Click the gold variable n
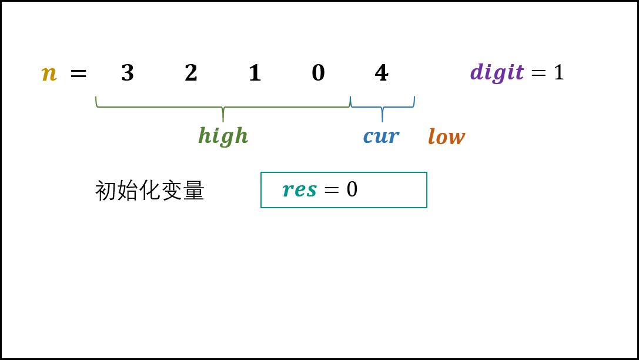(x=49, y=74)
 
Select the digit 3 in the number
(x=128, y=73)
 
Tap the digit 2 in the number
(x=191, y=72)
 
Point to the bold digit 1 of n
(x=255, y=72)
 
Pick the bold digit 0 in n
(x=318, y=73)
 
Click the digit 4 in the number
(x=382, y=72)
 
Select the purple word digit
(x=497, y=72)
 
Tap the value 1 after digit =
(x=559, y=72)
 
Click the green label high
(x=223, y=136)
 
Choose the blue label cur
(x=382, y=136)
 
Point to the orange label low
(x=446, y=136)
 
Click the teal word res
(x=300, y=189)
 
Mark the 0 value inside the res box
(x=352, y=189)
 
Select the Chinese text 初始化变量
(x=149, y=191)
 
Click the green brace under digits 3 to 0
(x=223, y=109)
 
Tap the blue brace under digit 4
(x=382, y=109)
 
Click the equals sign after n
(x=79, y=74)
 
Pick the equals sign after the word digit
(x=538, y=73)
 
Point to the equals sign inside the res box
(x=332, y=189)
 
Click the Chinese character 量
(x=193, y=191)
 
